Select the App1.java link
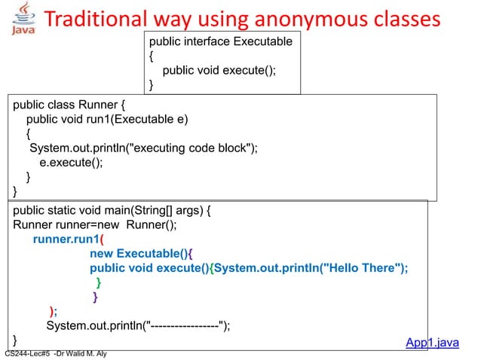click(432, 343)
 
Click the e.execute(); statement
click(72, 162)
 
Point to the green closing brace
click(99, 282)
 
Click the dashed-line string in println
click(185, 325)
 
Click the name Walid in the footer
click(81, 353)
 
